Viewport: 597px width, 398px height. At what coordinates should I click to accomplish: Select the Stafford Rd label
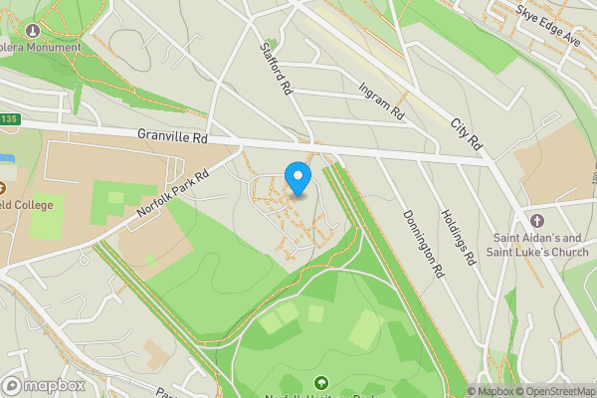[x=276, y=68]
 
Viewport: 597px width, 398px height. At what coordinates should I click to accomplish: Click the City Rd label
[x=466, y=134]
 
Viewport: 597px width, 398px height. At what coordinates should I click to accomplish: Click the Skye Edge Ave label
[x=548, y=14]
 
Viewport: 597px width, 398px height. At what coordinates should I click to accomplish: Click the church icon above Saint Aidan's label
[x=538, y=220]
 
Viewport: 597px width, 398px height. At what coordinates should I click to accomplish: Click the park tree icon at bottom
[x=320, y=382]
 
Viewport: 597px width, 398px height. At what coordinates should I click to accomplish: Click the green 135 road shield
[x=8, y=119]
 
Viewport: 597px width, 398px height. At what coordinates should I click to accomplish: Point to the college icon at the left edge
[x=3, y=186]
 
